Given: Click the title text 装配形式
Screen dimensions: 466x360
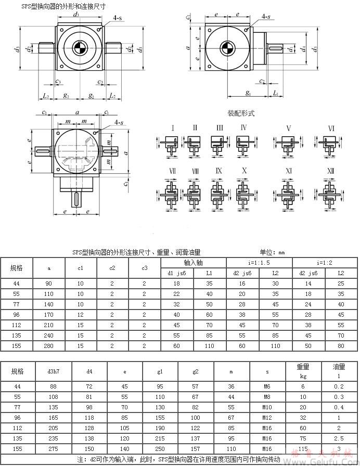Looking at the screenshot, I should (x=241, y=113).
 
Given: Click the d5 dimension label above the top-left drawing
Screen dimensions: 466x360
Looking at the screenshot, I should (x=77, y=15).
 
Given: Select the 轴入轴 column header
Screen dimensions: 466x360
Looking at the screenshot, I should (x=193, y=263).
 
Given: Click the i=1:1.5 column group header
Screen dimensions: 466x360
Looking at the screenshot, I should (x=259, y=263).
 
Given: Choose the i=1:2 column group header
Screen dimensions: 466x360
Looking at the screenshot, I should (x=325, y=263).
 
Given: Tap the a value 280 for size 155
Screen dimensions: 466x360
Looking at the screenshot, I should (x=49, y=345).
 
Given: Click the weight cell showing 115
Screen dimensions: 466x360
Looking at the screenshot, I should (x=303, y=448).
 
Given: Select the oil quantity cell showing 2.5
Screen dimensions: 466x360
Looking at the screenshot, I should (x=339, y=438).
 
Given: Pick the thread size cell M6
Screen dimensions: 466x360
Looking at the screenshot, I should (x=267, y=386).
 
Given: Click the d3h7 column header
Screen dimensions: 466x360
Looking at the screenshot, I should (x=54, y=371).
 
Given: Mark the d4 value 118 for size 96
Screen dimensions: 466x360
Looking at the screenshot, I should (x=89, y=417).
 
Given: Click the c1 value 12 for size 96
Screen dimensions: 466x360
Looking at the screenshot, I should (x=81, y=314).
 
